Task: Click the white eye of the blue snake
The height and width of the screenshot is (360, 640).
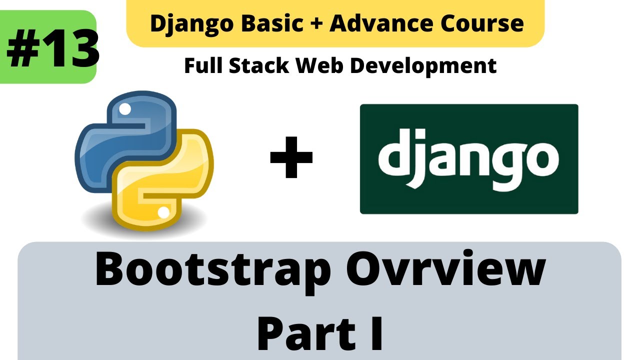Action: click(x=125, y=108)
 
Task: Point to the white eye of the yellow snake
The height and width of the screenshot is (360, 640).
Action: click(x=163, y=213)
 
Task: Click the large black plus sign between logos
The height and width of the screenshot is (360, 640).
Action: click(x=291, y=158)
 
